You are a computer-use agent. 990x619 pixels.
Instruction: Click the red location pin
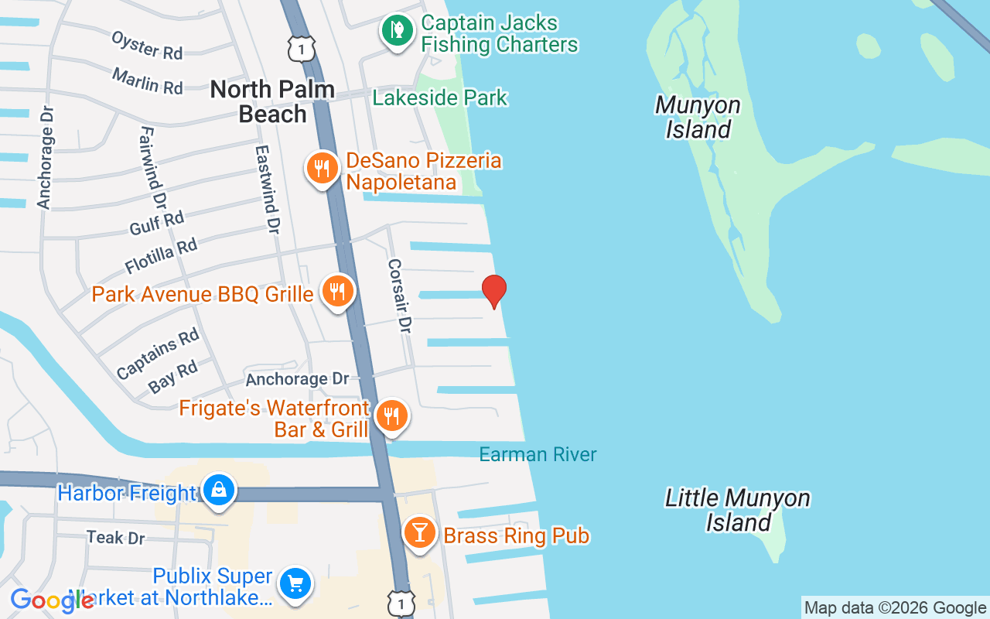point(494,291)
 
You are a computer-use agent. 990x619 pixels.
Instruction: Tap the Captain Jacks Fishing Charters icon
point(397,31)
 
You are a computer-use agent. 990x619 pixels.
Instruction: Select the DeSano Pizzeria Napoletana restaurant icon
point(323,167)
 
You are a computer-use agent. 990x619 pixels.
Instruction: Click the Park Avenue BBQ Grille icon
point(337,292)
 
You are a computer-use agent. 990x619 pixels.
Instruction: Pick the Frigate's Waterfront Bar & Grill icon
point(392,416)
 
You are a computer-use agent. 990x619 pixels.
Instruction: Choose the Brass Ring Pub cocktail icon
point(420,533)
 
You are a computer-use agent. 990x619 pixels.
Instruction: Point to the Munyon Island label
point(698,117)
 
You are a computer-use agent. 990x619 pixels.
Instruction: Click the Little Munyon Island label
point(738,510)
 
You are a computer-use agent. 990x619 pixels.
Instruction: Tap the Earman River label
point(538,454)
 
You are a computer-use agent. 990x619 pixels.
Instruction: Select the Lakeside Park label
point(440,97)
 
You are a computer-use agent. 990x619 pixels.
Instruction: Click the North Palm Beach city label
point(272,101)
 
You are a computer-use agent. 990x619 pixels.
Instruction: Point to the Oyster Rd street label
point(147,46)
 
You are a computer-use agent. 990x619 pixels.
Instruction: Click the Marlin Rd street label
point(147,81)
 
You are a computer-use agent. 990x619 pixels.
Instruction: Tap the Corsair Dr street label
point(399,296)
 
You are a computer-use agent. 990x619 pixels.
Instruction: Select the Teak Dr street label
point(116,537)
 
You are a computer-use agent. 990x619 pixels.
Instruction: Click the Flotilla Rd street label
point(161,256)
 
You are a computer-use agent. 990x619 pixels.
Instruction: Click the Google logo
point(52,600)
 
